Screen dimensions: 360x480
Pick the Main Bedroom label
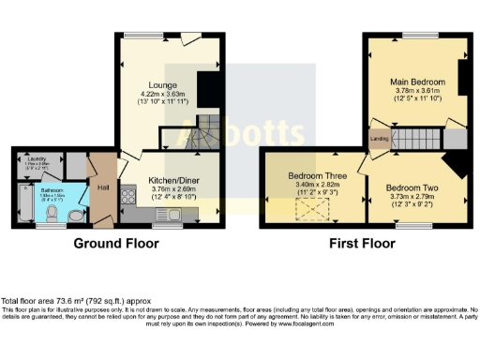(417, 82)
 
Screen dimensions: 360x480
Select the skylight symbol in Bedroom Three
(310, 214)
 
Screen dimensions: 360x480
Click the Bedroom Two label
(412, 187)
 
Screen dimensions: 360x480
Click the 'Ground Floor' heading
(116, 243)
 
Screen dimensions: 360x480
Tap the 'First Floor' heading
(360, 243)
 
